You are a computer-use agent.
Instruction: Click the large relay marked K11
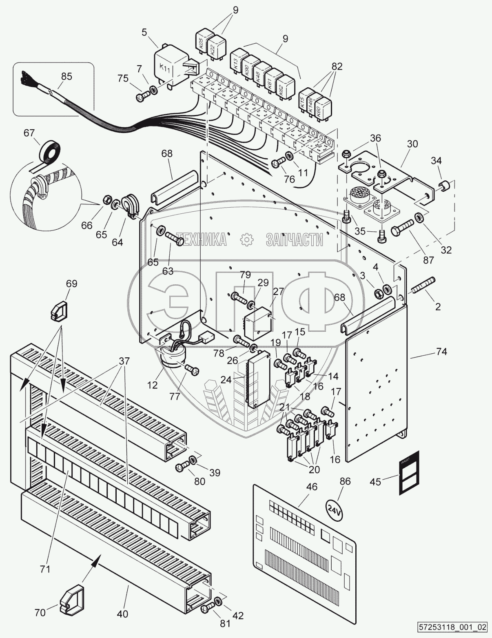coord(168,65)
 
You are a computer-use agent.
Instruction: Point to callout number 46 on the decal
coord(312,487)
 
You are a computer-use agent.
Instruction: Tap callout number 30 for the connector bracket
coord(412,144)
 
